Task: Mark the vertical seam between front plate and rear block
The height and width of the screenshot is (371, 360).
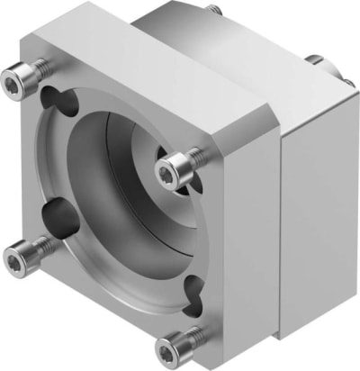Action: tap(282, 225)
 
